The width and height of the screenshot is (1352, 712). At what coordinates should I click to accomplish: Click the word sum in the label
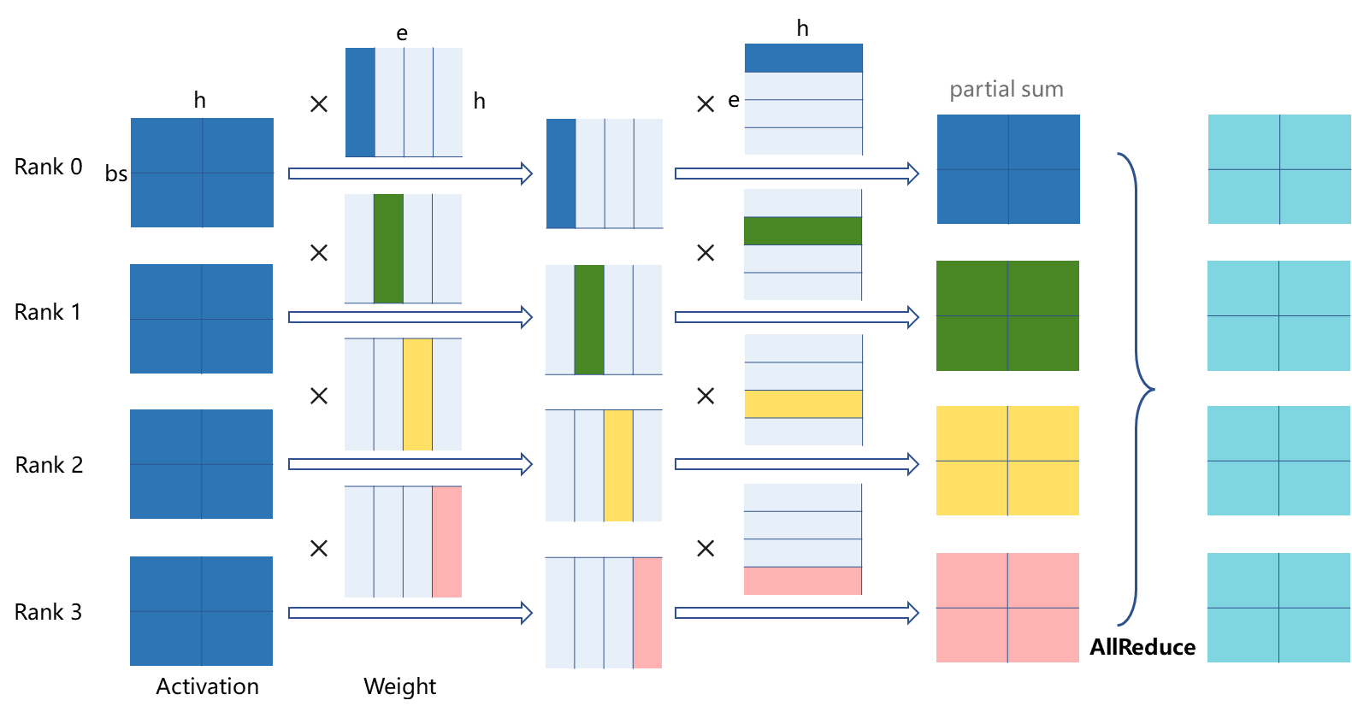(x=1042, y=90)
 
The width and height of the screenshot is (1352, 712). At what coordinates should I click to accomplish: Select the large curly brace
(x=1137, y=390)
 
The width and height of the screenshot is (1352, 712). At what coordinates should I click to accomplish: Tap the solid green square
(x=1007, y=315)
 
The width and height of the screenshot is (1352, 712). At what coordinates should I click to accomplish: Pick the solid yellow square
(x=1007, y=461)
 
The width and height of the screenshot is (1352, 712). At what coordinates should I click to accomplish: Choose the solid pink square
(x=1007, y=608)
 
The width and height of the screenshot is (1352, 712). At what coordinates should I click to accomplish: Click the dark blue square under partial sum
(x=1008, y=169)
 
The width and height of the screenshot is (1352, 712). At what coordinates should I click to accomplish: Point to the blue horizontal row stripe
(x=803, y=58)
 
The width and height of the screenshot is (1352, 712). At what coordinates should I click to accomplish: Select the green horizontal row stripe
(x=802, y=231)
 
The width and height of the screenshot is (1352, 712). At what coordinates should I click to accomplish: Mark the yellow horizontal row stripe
(x=803, y=404)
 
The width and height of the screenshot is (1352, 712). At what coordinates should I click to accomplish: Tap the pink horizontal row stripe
(x=802, y=581)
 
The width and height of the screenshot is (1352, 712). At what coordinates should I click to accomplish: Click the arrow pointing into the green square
(x=797, y=317)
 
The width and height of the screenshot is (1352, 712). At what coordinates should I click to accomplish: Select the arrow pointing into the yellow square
(x=797, y=464)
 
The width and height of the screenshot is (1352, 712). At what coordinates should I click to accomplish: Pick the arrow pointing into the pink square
(x=797, y=613)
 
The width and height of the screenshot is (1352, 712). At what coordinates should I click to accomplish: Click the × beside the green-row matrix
(x=706, y=253)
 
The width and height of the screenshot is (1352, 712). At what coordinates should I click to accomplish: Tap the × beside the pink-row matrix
(x=706, y=548)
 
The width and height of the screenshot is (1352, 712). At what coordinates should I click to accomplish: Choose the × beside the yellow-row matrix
(x=706, y=396)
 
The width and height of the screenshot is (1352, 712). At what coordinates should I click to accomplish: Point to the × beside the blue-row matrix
(x=706, y=104)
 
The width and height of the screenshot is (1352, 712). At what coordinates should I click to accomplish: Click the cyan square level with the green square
(x=1278, y=315)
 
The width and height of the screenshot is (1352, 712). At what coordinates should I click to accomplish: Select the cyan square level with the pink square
(x=1278, y=608)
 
